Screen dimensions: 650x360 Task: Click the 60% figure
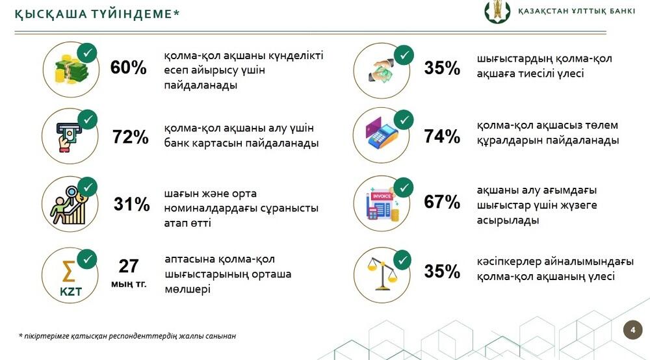128,68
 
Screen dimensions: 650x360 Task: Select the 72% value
130,136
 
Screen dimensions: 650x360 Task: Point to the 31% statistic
131,204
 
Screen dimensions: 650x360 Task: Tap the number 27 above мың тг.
129,266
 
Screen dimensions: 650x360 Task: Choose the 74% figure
442,136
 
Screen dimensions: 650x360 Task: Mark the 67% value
442,201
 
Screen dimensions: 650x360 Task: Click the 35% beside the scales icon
442,272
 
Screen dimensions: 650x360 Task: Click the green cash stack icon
71,71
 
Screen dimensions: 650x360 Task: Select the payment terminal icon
382,133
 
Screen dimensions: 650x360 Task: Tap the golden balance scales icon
382,274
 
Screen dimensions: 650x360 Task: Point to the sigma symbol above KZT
68,272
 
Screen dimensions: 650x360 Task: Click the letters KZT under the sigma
71,292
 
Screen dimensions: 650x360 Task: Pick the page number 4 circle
632,329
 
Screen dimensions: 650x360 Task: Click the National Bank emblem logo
497,12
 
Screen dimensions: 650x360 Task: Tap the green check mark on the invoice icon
404,188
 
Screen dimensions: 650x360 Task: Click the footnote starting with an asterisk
127,336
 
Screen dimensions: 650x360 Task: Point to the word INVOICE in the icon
382,196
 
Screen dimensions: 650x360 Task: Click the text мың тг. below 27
129,284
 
